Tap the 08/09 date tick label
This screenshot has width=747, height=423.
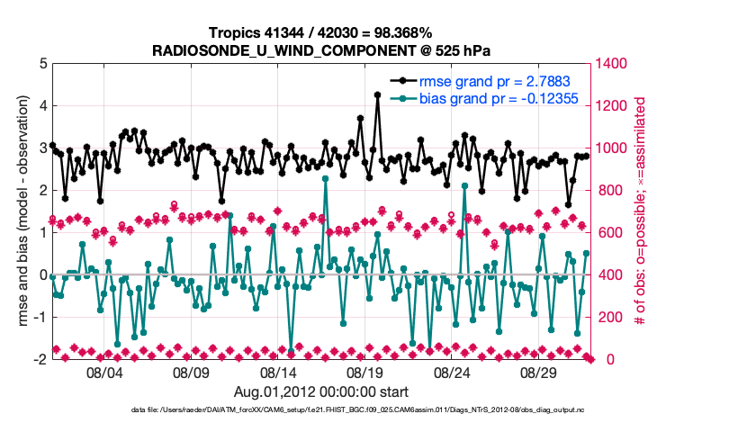coord(192,373)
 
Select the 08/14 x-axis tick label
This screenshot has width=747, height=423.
coord(279,373)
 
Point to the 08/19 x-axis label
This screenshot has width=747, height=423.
coord(366,373)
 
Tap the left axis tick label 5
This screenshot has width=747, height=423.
coord(41,64)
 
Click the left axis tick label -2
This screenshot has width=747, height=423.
coord(40,359)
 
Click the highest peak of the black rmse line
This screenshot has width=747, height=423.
coord(377,94)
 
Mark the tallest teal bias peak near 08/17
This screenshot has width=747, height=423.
coord(325,178)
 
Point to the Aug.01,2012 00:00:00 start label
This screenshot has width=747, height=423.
coord(321,391)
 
